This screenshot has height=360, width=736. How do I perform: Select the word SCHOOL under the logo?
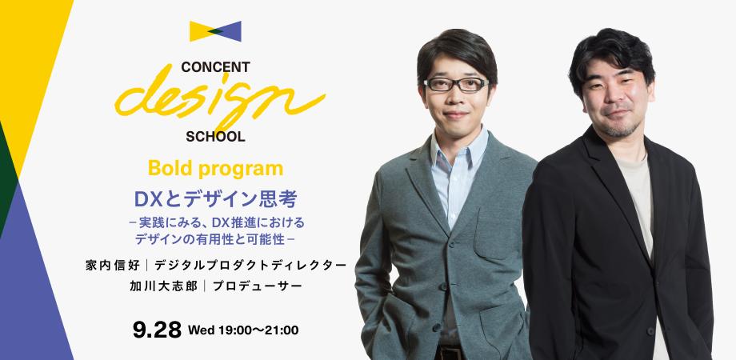tap(215, 136)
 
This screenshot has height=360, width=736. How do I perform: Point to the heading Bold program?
tap(216, 169)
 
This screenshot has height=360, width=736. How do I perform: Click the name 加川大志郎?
tap(165, 286)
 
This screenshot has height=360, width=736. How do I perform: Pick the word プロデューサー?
tap(258, 286)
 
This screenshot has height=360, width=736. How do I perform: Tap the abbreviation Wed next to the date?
tap(200, 330)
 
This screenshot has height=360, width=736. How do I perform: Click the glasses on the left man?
tap(455, 84)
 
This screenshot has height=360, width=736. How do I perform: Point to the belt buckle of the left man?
tap(448, 352)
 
